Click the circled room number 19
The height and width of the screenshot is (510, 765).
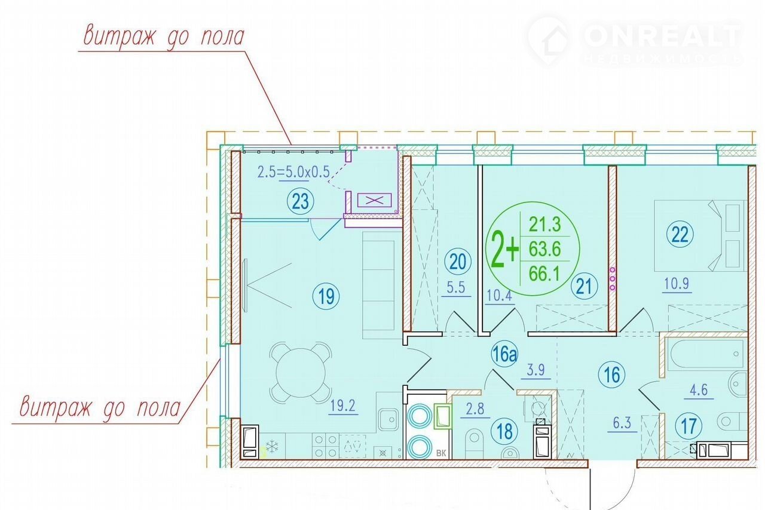tap(326, 296)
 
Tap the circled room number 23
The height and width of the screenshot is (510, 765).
tap(301, 201)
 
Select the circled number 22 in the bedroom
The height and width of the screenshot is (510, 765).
tap(680, 235)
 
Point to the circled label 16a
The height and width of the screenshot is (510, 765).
tap(504, 354)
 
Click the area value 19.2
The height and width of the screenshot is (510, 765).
tap(343, 405)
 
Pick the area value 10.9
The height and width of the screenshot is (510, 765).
tap(677, 283)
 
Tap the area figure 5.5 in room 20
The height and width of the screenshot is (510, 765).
tap(456, 287)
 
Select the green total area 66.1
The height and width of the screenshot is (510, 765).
tap(544, 274)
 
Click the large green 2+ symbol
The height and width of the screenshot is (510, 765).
tap(505, 249)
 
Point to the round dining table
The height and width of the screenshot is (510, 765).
tap(301, 373)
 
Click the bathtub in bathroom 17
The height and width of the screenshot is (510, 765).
tap(708, 354)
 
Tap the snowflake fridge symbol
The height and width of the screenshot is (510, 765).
tap(272, 447)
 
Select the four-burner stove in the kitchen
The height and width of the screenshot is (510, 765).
tap(326, 446)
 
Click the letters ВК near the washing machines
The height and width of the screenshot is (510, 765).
tap(441, 453)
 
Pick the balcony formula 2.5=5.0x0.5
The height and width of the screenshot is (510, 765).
tap(293, 172)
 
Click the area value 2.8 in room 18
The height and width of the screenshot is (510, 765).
tap(475, 408)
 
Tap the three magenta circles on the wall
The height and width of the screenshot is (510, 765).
tap(612, 279)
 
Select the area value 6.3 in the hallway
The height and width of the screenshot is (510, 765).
tap(622, 423)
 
